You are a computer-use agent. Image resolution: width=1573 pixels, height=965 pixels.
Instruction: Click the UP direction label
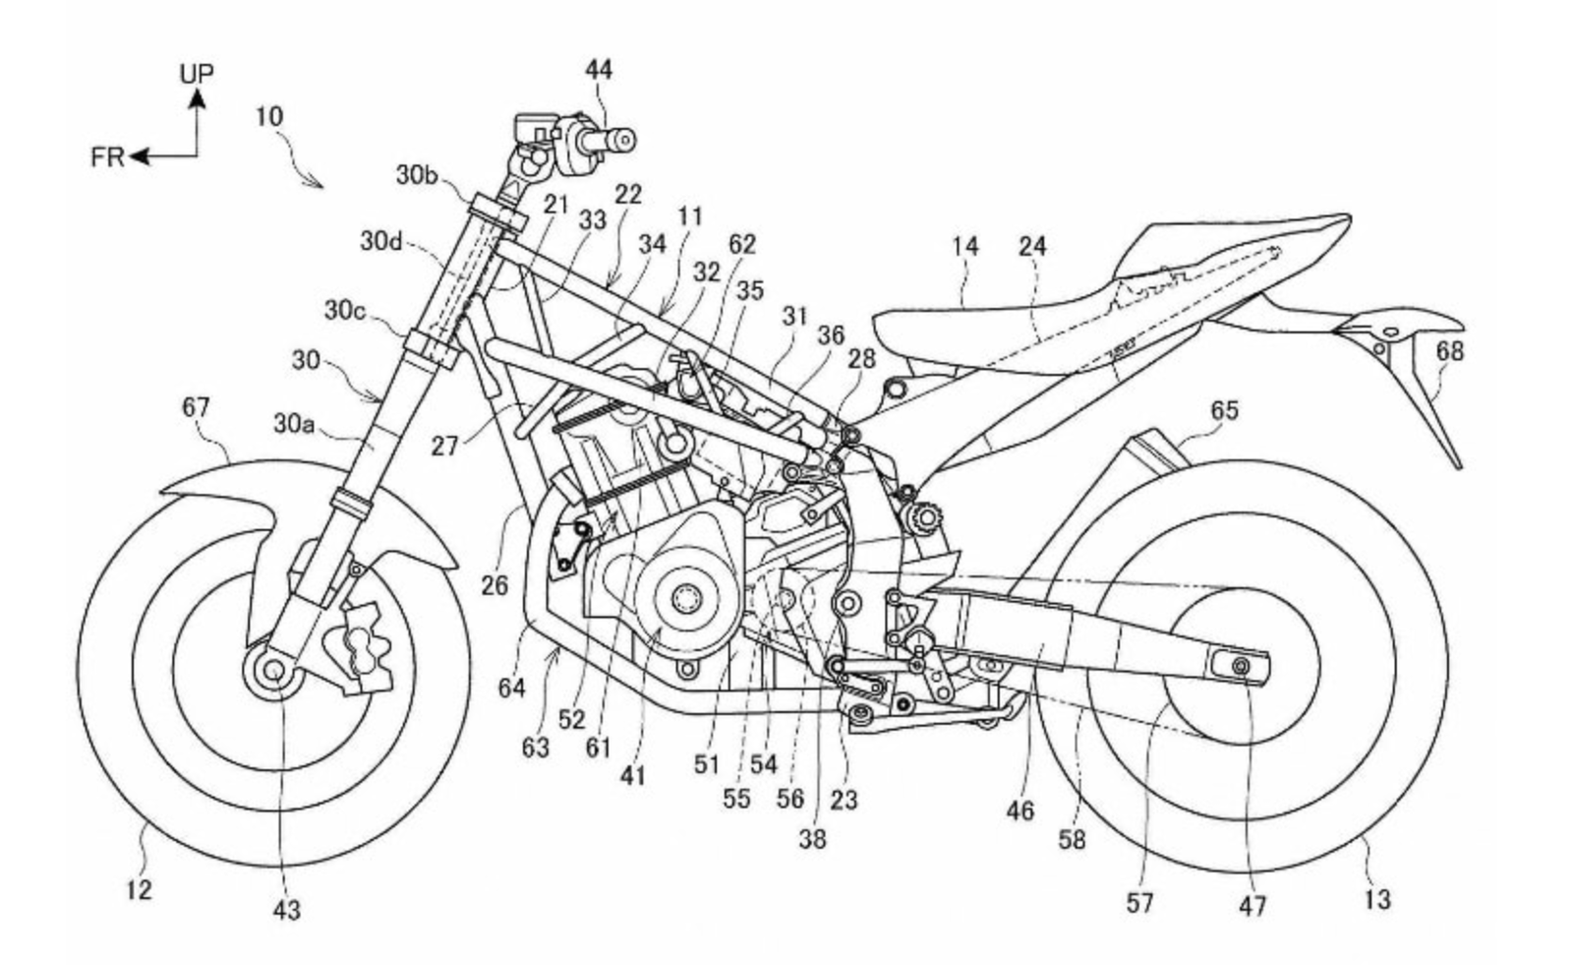pos(197,73)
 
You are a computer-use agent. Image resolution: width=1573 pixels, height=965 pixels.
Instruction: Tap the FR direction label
pos(107,156)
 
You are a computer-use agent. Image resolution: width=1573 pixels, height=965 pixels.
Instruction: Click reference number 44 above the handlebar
pos(598,69)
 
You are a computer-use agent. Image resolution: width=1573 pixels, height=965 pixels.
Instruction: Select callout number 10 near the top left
pos(268,116)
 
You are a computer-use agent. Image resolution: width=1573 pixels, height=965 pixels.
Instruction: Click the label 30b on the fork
pos(418,175)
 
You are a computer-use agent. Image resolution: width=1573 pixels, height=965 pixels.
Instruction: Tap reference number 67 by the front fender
pos(197,405)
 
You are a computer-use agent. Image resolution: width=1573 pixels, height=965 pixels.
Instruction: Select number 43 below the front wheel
pos(286,911)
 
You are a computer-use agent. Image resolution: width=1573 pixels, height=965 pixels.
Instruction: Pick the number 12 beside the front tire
pos(139,889)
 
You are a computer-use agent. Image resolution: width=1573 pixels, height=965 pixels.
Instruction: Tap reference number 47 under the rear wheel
pos(1252,905)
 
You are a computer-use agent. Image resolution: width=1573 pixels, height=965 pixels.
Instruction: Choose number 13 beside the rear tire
pos(1377,898)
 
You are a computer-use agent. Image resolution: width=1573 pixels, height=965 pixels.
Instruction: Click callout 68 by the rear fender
pos(1449,350)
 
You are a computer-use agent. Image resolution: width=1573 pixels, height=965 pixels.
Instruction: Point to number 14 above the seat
pos(964,246)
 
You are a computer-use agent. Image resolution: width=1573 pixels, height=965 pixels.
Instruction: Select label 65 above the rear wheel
pos(1224,409)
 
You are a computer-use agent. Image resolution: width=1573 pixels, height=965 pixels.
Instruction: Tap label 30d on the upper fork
pos(380,240)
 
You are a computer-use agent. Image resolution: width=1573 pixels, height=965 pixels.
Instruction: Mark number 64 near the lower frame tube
pos(511,688)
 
